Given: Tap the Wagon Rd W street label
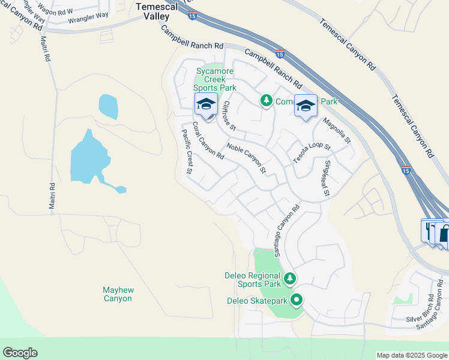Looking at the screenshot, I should point(55,11).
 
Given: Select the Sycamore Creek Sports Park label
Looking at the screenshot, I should point(214,79).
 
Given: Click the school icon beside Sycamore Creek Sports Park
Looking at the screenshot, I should point(206,105).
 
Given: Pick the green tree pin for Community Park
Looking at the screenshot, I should point(266,100).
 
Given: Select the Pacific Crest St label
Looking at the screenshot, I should point(187,151).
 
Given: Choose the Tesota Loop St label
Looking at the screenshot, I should point(312,154).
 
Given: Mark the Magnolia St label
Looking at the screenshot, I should point(336,131).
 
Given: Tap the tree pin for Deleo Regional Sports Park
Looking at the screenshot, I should point(290,278).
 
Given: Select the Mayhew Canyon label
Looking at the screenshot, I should point(118,294).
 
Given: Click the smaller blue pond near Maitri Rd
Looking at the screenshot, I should point(108,106).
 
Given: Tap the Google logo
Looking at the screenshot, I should point(20,353).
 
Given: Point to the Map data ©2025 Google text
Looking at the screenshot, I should point(412,355).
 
